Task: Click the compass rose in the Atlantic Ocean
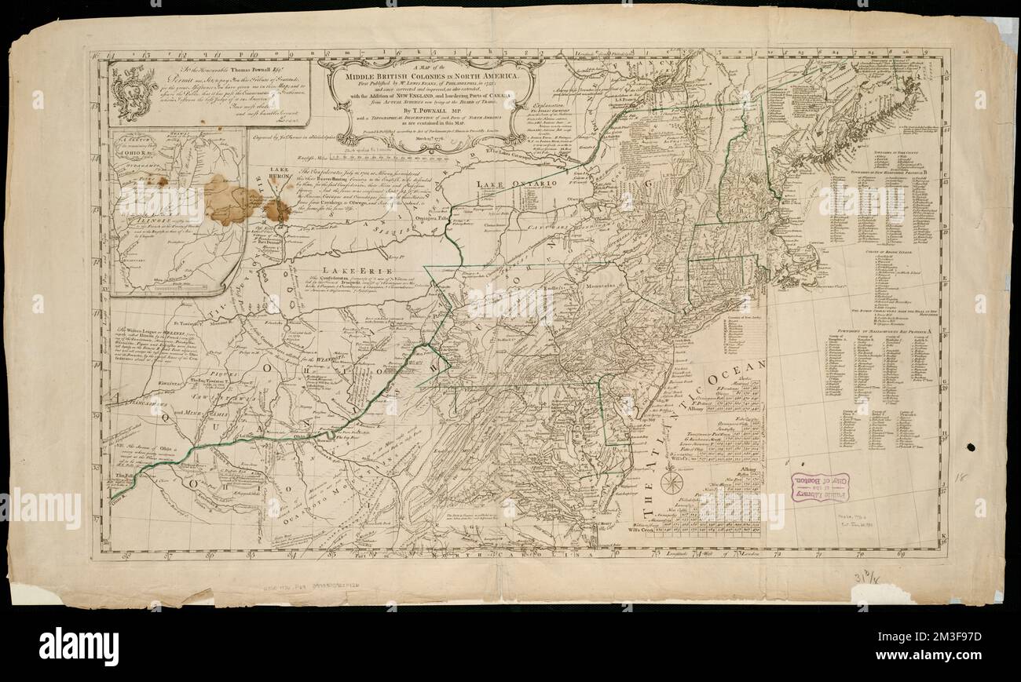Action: pos(672,481)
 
